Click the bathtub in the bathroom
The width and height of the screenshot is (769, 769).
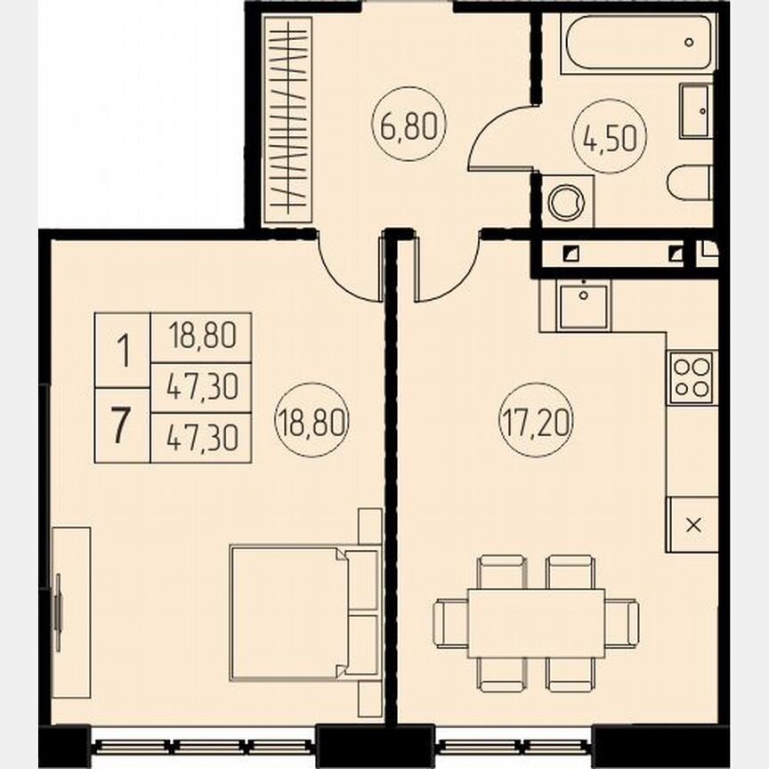tap(638, 43)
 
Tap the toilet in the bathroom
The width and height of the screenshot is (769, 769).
tap(690, 182)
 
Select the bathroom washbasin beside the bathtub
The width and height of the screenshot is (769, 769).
tap(695, 111)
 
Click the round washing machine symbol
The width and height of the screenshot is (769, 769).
tap(567, 201)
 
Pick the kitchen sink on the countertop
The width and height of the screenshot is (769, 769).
tap(583, 305)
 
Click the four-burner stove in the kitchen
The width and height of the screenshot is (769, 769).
tap(691, 377)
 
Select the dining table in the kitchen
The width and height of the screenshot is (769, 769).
tap(536, 622)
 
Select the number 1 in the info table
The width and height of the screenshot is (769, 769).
tap(122, 351)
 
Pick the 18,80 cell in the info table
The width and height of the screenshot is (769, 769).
tap(201, 337)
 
